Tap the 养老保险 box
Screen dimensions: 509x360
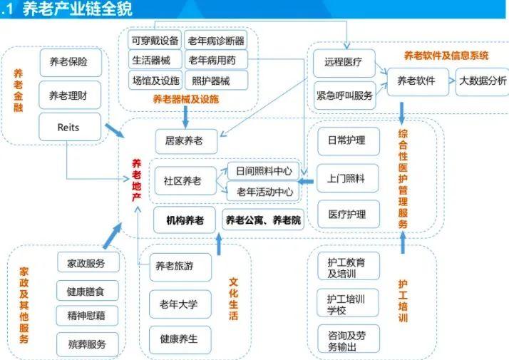point(69,63)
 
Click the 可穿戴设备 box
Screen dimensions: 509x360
point(154,40)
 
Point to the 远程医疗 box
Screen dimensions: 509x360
point(344,63)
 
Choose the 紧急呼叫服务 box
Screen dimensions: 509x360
point(344,96)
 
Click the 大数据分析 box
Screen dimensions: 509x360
point(483,81)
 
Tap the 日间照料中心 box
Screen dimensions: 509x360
point(263,171)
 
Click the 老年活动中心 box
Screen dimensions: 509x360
point(263,191)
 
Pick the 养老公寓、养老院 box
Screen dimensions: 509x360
point(263,221)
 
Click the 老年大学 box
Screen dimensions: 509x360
point(180,304)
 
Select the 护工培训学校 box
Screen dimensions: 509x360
point(347,302)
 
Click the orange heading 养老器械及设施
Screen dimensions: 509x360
point(185,99)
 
